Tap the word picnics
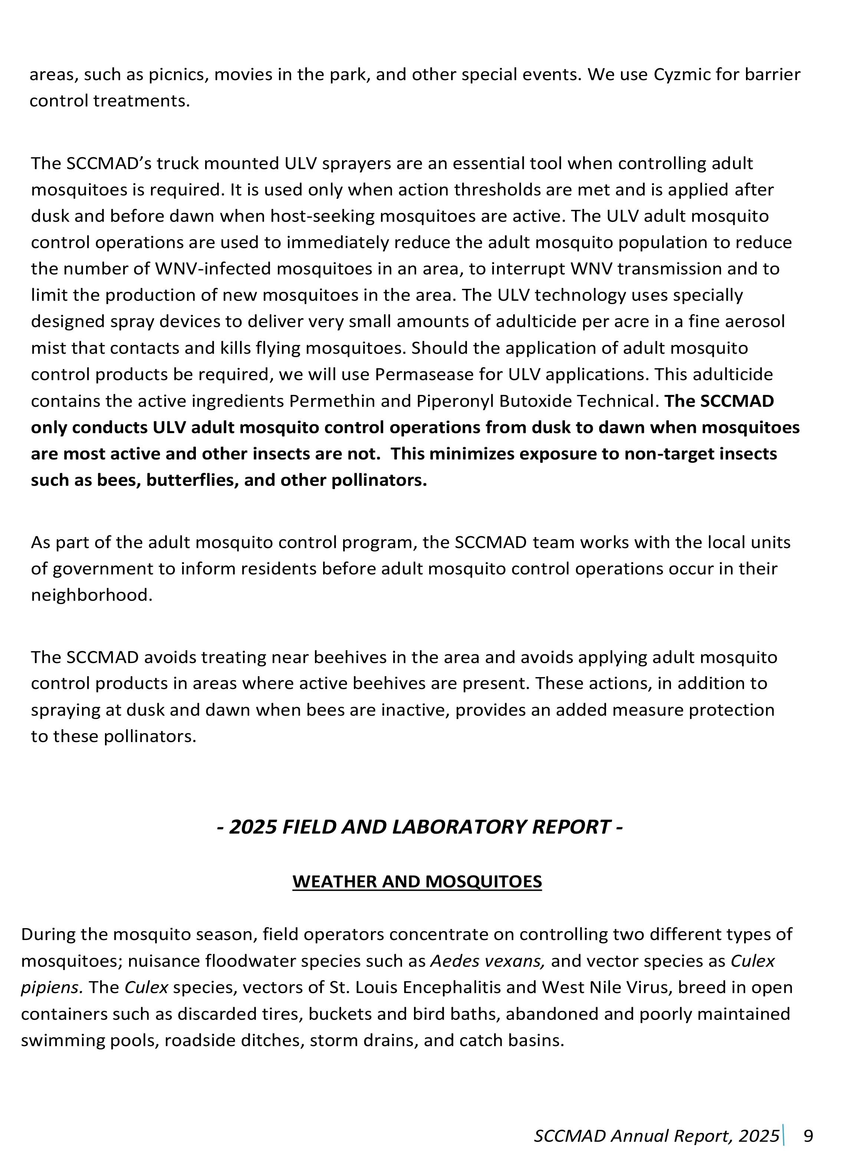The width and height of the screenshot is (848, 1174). pos(178,75)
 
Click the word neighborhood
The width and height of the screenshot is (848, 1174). pos(91,595)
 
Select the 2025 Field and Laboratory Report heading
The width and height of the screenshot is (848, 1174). pos(419,827)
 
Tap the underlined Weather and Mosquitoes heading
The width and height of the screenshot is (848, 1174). pos(417,881)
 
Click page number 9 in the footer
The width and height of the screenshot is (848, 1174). pos(808,1136)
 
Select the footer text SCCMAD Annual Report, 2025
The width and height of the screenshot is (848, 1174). pos(656,1136)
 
